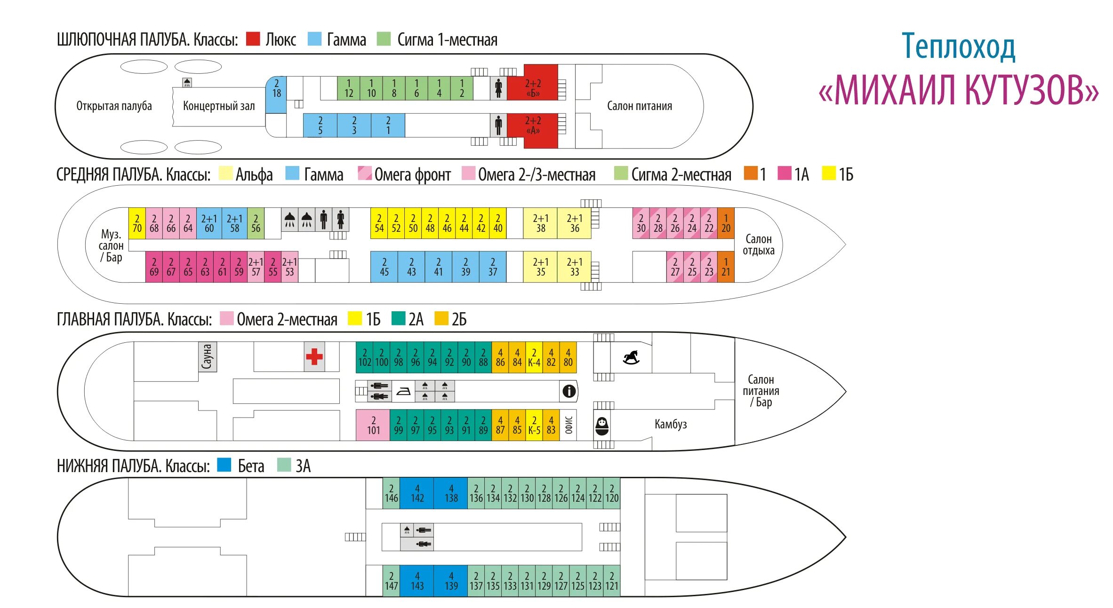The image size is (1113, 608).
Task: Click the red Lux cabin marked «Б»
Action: click(533, 87)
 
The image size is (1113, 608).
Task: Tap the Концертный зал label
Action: click(219, 106)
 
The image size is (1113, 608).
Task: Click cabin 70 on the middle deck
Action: click(137, 223)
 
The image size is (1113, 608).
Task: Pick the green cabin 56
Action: click(256, 223)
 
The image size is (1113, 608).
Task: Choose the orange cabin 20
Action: click(726, 223)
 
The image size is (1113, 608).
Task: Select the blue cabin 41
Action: click(438, 267)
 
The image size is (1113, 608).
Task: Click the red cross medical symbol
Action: click(314, 356)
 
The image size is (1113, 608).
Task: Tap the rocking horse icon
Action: click(631, 357)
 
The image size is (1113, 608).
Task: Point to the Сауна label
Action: click(207, 356)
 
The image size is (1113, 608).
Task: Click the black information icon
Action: click(569, 391)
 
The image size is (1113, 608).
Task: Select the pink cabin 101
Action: click(373, 425)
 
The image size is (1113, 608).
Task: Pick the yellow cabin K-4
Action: click(534, 357)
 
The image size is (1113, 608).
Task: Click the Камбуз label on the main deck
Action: click(670, 424)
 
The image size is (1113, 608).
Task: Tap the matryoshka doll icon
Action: click(602, 426)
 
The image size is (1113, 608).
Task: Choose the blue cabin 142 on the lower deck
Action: click(417, 493)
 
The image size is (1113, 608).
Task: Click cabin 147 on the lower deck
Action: click(391, 581)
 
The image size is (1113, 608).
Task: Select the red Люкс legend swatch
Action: click(253, 39)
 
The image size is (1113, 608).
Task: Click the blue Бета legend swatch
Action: click(224, 465)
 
